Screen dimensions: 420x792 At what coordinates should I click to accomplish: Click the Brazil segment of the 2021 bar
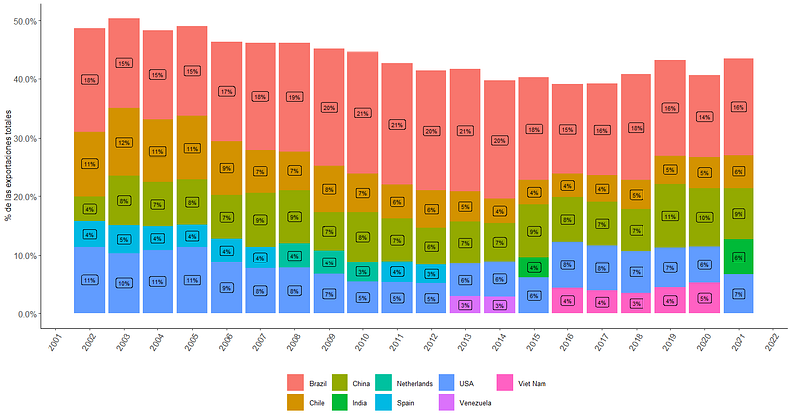[x=738, y=106]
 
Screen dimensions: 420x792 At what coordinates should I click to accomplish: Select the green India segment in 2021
[x=738, y=257]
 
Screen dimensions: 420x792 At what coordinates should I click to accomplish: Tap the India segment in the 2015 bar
[x=534, y=267]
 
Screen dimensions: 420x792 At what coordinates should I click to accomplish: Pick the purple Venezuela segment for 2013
[x=465, y=305]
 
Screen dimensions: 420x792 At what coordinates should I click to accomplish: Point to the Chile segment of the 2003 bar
[x=124, y=142]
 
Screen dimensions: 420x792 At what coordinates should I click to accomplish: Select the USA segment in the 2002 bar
[x=90, y=280]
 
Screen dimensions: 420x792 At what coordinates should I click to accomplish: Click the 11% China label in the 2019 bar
[x=669, y=216]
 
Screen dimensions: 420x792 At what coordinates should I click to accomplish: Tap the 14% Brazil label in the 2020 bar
[x=704, y=116]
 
